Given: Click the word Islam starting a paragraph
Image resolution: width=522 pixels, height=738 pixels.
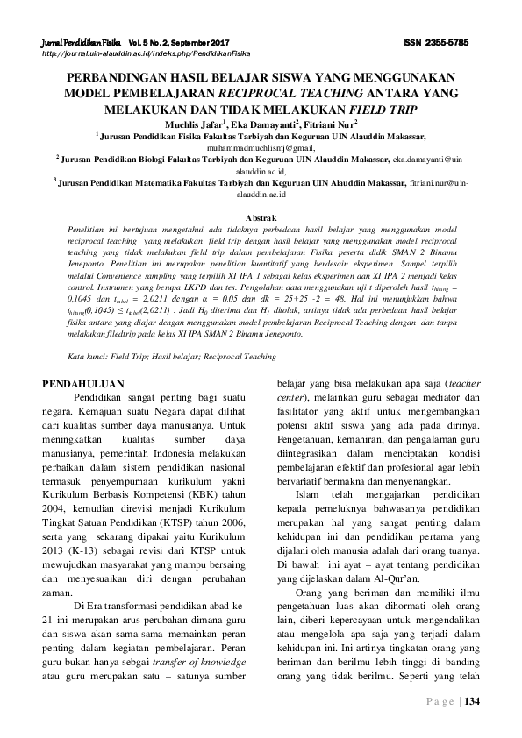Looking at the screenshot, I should click(306, 495).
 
